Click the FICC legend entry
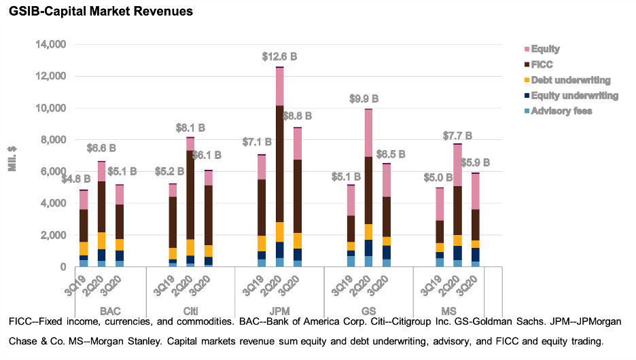pyautogui.click(x=542, y=65)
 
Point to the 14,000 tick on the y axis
pyautogui.click(x=50, y=45)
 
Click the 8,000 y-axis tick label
pyautogui.click(x=53, y=140)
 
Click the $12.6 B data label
pyautogui.click(x=280, y=57)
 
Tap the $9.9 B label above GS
pyautogui.click(x=368, y=99)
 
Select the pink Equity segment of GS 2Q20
pyautogui.click(x=368, y=132)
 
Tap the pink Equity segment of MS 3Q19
pyautogui.click(x=440, y=204)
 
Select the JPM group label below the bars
pyautogui.click(x=279, y=310)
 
